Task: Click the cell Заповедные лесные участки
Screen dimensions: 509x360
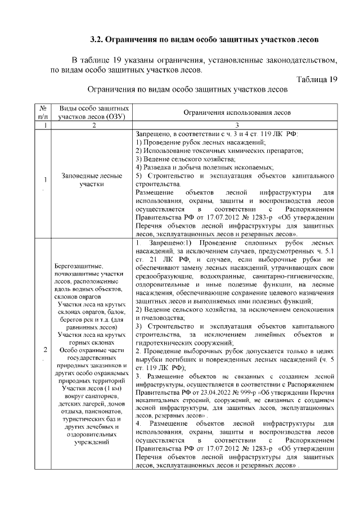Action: coord(91,179)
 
